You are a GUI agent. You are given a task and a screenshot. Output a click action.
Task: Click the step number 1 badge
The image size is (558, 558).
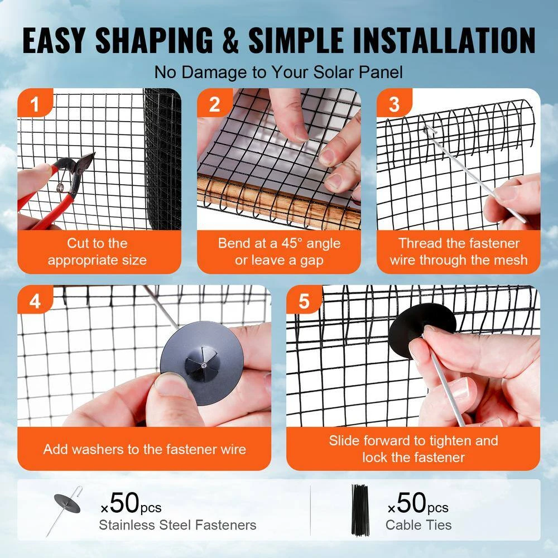click(x=35, y=105)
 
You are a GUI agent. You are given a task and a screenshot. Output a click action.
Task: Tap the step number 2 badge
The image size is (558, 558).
click(x=215, y=105)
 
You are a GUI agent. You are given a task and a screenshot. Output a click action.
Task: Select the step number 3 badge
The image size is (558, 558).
click(x=395, y=105)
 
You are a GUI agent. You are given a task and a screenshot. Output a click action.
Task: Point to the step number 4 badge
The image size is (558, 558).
click(x=35, y=302)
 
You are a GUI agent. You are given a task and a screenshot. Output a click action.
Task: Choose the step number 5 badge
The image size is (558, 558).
click(x=304, y=302)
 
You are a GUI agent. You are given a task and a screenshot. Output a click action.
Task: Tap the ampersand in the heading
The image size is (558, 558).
click(x=230, y=40)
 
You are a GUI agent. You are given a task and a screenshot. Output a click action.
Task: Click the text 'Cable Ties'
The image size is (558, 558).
click(x=419, y=525)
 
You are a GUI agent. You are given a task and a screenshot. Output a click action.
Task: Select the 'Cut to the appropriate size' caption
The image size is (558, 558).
click(x=97, y=252)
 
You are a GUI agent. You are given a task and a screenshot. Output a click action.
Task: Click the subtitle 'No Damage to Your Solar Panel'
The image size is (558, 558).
click(x=278, y=72)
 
